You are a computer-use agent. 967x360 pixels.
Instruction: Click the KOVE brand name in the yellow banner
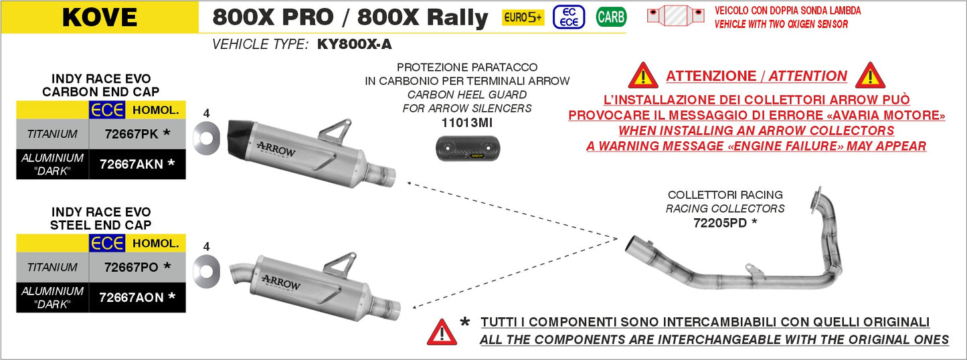[99, 17]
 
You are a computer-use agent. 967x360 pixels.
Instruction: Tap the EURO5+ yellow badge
[523, 17]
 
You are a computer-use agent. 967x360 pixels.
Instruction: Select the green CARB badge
[611, 17]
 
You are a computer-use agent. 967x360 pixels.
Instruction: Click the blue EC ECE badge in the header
[569, 17]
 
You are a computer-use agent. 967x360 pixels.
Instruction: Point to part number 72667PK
[131, 134]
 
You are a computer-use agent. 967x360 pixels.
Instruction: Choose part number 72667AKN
[131, 164]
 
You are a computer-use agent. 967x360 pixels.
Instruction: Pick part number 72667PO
[131, 267]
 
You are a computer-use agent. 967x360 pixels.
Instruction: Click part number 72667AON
[131, 297]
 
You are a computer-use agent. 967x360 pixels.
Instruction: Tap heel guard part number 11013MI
[466, 122]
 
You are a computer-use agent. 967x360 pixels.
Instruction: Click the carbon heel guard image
[466, 149]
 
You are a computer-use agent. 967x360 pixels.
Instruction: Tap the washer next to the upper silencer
[205, 137]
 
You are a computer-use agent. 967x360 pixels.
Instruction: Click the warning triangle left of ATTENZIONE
[643, 76]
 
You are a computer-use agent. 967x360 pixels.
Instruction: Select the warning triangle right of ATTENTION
[870, 76]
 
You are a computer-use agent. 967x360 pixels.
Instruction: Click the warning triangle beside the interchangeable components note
[442, 332]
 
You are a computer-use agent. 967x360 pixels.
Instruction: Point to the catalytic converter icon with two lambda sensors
[675, 16]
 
